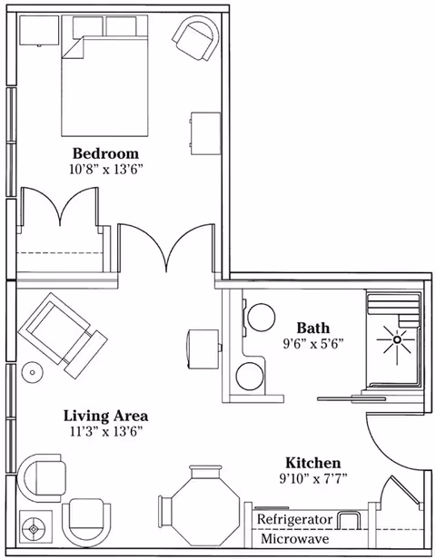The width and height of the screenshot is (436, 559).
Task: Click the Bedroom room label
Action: [105, 153]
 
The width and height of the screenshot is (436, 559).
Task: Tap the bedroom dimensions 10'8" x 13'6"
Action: [106, 170]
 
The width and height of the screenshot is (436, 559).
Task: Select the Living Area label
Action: [105, 416]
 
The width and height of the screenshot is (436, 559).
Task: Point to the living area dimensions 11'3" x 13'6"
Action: [106, 432]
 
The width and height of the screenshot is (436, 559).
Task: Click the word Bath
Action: [312, 328]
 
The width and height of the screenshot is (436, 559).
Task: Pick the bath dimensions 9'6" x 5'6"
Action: [312, 344]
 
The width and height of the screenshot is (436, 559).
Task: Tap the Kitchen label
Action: [312, 463]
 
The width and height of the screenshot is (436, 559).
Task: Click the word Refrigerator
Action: [294, 519]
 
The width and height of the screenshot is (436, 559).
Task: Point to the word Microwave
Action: [294, 538]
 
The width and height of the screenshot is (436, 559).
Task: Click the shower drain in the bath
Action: [396, 339]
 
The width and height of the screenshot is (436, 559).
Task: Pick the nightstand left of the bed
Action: [39, 31]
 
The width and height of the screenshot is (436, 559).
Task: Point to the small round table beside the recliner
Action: [32, 372]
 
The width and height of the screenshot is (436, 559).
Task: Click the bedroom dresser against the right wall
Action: [204, 133]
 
